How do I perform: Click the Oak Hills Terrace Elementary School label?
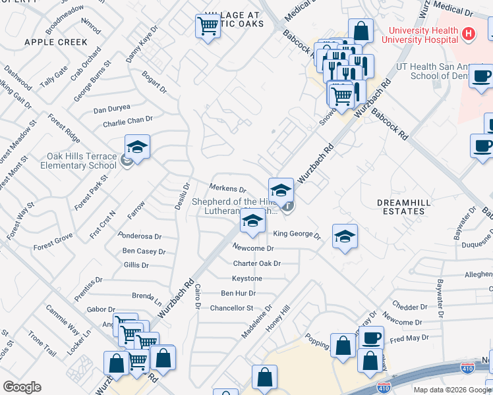72,161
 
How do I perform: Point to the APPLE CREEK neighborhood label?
56,42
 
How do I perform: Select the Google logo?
22,386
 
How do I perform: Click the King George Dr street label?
297,234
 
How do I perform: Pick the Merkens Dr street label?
227,189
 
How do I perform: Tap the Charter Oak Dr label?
257,263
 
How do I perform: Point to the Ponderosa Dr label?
140,236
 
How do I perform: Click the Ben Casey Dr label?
144,251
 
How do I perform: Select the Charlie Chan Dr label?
128,122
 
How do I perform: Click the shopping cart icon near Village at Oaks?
208,27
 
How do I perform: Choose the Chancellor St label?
231,307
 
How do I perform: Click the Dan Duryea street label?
112,109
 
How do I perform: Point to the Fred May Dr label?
409,338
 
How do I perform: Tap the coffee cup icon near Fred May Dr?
372,338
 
